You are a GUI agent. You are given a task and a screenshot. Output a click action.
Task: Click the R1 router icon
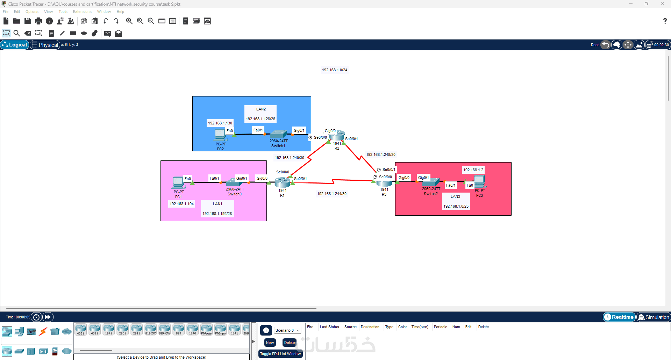coord(282,182)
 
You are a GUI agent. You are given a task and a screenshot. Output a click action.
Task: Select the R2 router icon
coord(337,136)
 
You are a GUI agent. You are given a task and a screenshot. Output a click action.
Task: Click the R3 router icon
coord(384,182)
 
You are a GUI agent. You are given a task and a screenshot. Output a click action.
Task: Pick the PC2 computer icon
coord(220,135)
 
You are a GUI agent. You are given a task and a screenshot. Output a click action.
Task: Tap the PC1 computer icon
coord(178,182)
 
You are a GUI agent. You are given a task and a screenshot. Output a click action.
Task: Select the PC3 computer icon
coord(479,181)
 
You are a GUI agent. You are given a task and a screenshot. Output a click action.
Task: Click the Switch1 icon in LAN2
coord(278,134)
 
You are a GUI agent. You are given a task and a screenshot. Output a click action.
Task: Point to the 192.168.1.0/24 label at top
coord(335,70)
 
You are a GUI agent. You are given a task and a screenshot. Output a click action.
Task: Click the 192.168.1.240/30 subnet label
coord(289,158)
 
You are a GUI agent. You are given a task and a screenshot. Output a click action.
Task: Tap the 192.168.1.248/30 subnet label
coord(380,154)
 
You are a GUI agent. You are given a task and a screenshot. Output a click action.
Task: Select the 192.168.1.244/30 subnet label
coord(331,194)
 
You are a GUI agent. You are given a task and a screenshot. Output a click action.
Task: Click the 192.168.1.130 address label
coord(220,123)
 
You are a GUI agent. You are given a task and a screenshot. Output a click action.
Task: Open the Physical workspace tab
coord(45,45)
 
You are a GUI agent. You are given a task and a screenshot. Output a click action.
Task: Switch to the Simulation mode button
coord(653,317)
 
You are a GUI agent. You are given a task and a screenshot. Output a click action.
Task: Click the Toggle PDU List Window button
coord(280,354)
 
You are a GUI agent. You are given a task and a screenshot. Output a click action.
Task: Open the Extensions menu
coord(82,12)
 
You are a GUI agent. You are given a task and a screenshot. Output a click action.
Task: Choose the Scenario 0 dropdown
coord(287,330)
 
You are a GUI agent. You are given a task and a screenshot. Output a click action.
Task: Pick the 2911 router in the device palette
coord(136,329)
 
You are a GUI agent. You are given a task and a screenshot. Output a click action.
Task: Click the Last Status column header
coord(329,327)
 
